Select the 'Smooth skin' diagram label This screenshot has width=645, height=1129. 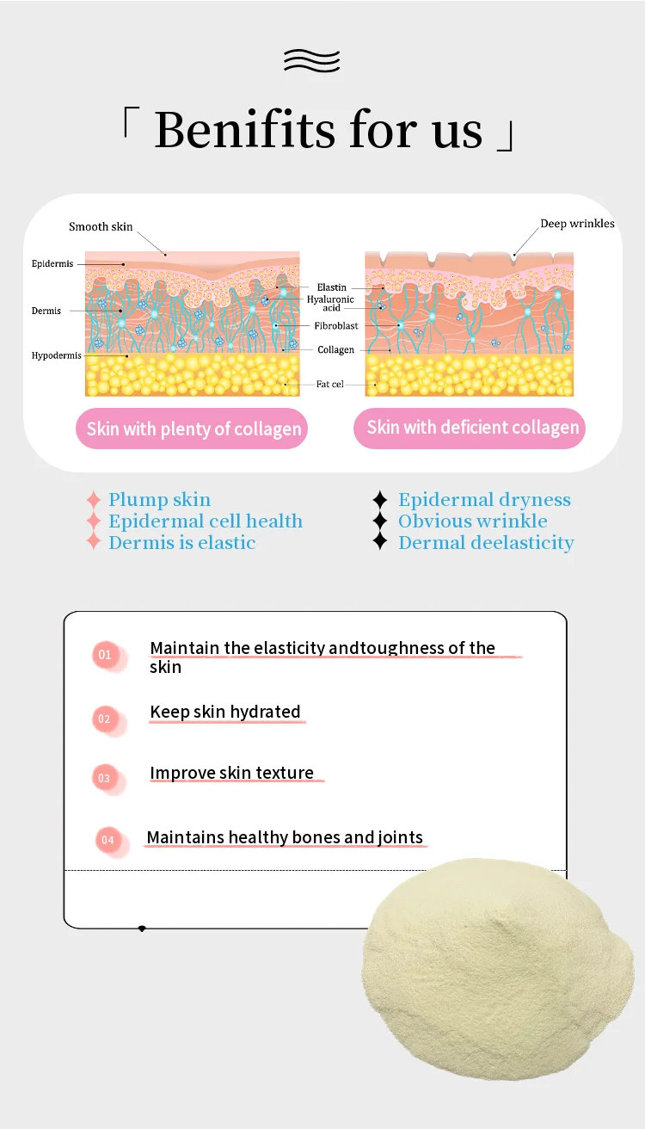(x=101, y=226)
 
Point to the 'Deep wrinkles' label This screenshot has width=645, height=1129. (x=577, y=224)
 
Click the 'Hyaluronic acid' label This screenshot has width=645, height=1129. (x=331, y=303)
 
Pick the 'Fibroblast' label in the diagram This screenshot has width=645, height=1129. (x=336, y=326)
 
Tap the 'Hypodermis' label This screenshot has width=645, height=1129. (x=58, y=355)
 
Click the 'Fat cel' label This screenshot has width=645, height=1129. (x=330, y=384)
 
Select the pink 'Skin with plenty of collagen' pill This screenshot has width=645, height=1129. (x=193, y=429)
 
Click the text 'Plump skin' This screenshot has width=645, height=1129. (x=159, y=500)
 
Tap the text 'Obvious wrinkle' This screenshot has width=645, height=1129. (x=472, y=521)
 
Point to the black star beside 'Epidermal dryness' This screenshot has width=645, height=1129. (x=380, y=500)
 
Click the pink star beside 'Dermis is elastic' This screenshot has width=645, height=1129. (x=94, y=542)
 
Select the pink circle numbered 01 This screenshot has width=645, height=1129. (x=104, y=655)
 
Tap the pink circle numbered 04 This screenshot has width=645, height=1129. (x=107, y=839)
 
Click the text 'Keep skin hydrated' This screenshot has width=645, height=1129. (x=225, y=712)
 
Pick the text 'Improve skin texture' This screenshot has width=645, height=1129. (x=231, y=773)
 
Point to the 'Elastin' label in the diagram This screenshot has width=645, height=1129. (x=331, y=287)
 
